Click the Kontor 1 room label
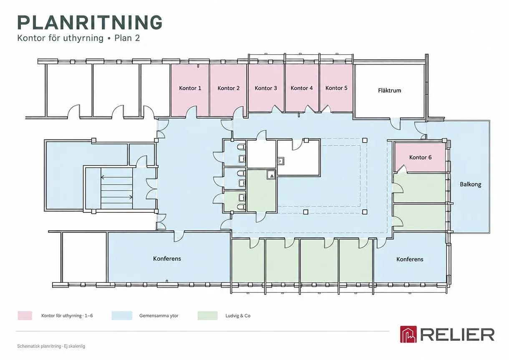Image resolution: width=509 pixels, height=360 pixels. coord(190,88)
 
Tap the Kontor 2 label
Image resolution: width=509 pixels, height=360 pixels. coord(228,88)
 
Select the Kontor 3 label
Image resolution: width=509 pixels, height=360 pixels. coord(266,88)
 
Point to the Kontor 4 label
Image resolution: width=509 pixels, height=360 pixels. coord(302,88)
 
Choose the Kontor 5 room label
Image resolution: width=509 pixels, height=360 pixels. coord(336,88)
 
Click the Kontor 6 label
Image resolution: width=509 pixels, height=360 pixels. coord(420,157)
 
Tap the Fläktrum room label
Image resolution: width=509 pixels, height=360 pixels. coord(390,91)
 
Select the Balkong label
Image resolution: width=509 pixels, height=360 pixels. coord(470,184)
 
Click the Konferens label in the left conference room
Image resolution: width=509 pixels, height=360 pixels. coord(167,259)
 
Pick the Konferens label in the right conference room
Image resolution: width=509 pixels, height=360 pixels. coord(410,259)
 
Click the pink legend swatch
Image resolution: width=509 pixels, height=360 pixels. coord(25,316)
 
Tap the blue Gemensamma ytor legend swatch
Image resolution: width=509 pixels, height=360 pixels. coord(122,316)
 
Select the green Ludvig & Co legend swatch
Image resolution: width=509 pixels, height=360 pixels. coord(207,316)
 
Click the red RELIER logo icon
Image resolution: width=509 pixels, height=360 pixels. coord(408,334)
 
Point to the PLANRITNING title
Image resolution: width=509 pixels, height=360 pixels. coord(90,22)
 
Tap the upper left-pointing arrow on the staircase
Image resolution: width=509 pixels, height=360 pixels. coord(116,177)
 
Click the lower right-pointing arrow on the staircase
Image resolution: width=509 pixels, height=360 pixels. coord(116,197)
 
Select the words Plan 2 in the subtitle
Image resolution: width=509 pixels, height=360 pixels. coord(127,38)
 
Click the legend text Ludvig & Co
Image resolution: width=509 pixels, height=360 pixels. coord(238,316)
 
